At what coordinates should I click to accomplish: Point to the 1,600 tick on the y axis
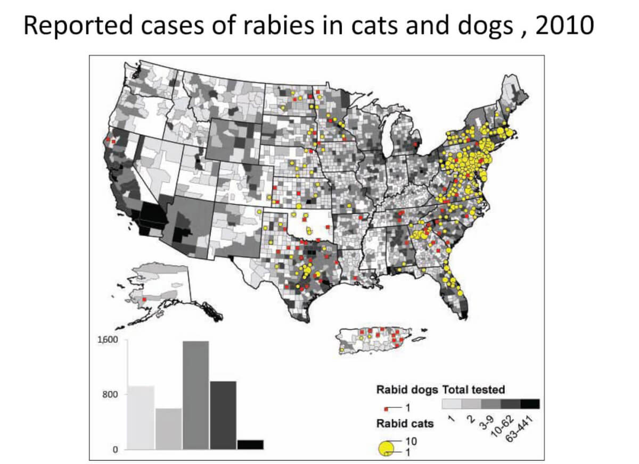(108, 339)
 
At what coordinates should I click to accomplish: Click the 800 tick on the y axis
(111, 395)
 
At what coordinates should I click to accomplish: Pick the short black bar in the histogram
(250, 444)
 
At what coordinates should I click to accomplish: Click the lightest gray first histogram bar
(141, 418)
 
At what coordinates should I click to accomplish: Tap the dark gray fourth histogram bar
(223, 415)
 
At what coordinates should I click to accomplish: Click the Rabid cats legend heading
(405, 424)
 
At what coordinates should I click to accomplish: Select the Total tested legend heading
(473, 390)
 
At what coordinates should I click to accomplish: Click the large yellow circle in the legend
(386, 448)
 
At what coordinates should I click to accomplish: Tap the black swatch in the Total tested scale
(530, 404)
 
